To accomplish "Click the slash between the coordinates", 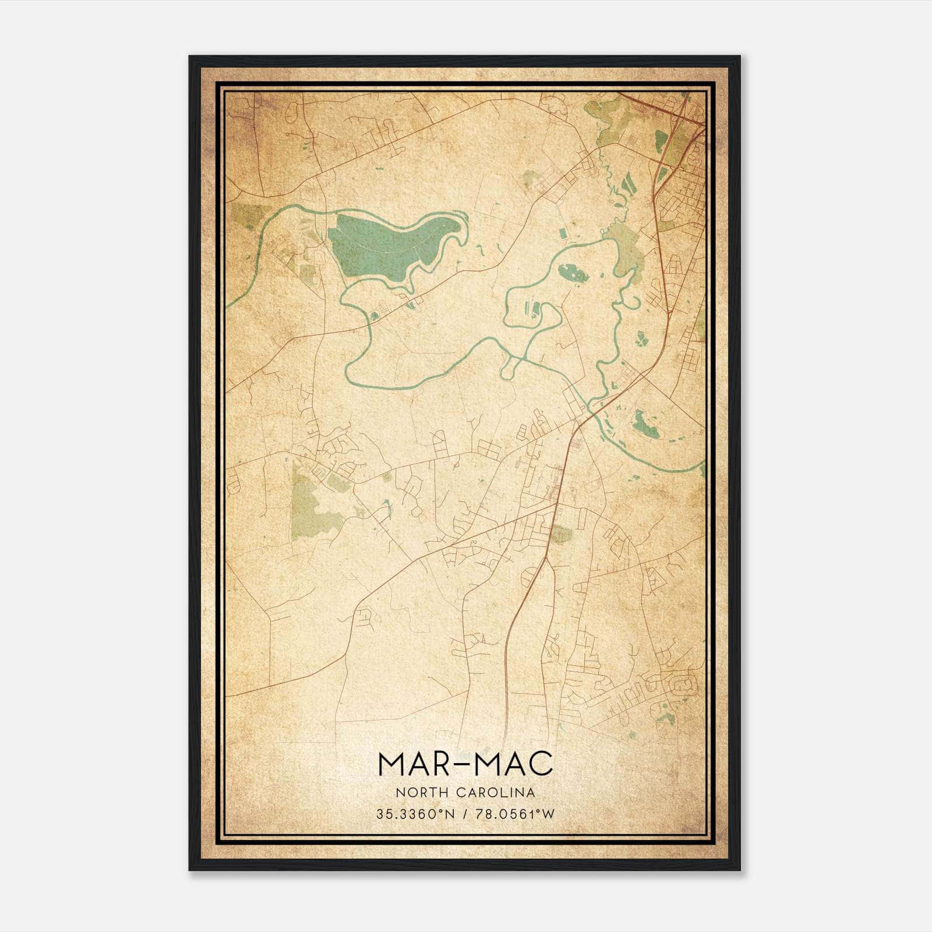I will pos(464,814).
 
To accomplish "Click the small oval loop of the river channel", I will pos(510,367).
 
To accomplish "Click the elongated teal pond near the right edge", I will pos(644,424).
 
